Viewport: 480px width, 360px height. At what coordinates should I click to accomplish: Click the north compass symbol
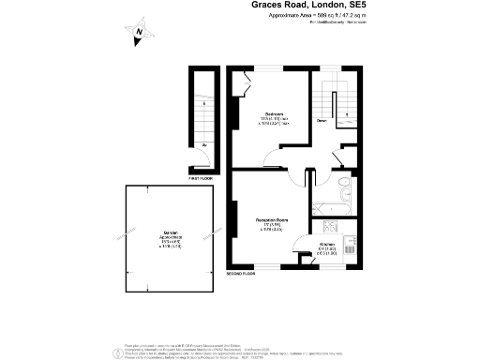[138, 36]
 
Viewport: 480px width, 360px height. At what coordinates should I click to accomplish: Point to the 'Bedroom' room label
[276, 113]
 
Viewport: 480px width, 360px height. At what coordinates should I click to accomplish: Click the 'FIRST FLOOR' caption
[201, 176]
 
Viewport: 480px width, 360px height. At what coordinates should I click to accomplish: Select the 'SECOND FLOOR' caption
[241, 274]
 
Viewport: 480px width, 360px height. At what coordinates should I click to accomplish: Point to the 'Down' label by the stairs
[321, 121]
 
